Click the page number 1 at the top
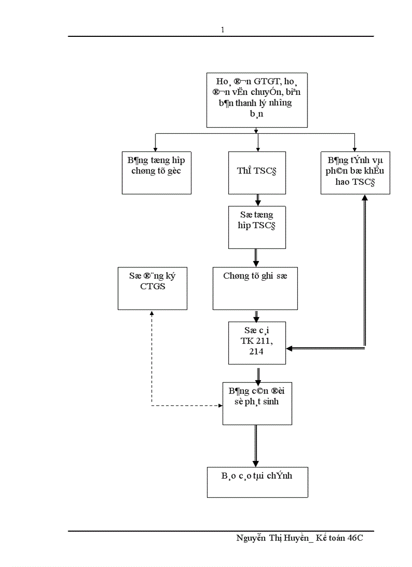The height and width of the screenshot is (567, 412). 222,30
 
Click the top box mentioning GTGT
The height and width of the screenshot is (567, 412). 257,100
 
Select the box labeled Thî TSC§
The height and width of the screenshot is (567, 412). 257,172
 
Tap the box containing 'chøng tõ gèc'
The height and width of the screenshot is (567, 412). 157,172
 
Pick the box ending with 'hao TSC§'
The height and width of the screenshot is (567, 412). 355,172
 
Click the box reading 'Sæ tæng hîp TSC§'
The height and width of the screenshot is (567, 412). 257,227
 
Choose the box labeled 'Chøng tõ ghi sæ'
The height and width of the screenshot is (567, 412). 255,288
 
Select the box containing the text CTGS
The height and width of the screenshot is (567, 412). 152,288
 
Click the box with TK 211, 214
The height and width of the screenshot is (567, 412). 256,342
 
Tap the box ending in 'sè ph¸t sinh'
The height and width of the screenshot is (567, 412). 257,403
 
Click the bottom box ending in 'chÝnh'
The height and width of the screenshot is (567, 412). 257,482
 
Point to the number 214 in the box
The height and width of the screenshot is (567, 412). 256,351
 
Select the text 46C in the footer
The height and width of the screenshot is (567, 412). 355,538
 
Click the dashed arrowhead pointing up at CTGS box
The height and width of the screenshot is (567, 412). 152,314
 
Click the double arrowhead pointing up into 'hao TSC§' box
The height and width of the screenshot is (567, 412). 365,198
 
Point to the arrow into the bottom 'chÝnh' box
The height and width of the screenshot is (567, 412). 255,462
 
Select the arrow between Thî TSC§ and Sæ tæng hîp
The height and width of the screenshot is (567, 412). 258,200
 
